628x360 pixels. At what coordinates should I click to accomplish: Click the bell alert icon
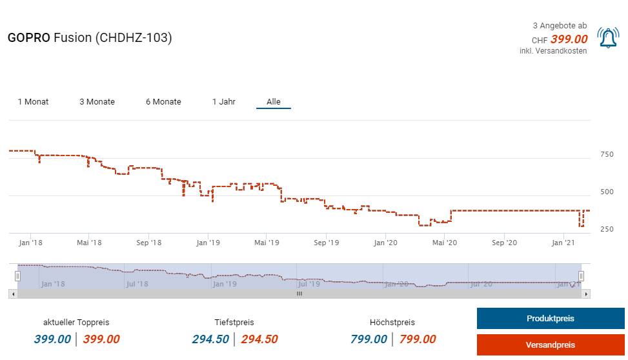[x=607, y=38]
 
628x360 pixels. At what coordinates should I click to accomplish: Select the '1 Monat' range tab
[x=33, y=102]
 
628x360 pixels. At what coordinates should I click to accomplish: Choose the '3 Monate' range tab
[x=97, y=102]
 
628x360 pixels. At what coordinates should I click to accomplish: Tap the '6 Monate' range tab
[x=163, y=102]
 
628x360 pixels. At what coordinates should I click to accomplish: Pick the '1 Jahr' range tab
[x=224, y=102]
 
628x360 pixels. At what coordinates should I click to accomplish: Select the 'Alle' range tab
[x=274, y=102]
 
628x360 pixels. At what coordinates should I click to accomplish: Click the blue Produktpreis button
[x=550, y=319]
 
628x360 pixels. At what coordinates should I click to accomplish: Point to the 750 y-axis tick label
[x=607, y=155]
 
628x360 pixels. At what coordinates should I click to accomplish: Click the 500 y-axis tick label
[x=607, y=192]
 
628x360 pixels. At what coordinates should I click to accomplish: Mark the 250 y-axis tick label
[x=607, y=230]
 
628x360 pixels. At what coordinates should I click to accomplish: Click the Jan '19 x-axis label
[x=208, y=243]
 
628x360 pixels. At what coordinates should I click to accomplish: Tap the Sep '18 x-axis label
[x=149, y=243]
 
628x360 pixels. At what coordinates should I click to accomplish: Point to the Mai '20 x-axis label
[x=445, y=243]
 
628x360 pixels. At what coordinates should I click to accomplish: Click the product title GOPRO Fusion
[x=90, y=38]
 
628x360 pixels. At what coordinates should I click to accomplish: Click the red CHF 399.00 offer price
[x=569, y=39]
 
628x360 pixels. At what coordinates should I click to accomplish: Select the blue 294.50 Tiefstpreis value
[x=210, y=339]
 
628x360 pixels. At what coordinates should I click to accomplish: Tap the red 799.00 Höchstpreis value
[x=418, y=339]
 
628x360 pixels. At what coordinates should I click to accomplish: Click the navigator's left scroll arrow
[x=12, y=294]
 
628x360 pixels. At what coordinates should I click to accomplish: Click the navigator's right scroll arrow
[x=586, y=294]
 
